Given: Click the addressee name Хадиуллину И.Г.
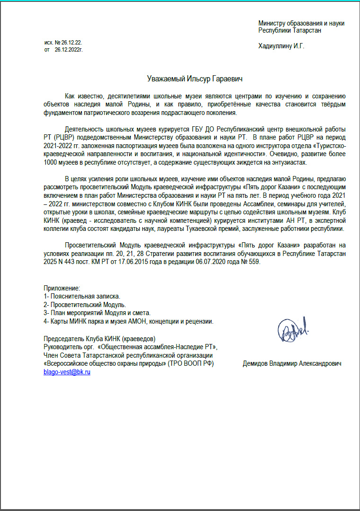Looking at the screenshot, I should pos(281,46).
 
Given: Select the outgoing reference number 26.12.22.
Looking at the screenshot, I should pos(71,43).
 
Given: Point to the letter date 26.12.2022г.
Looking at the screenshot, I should pos(69,49).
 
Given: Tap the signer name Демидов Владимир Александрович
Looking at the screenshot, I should pos(292,364).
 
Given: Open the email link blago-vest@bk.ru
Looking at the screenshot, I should pos(67,372).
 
